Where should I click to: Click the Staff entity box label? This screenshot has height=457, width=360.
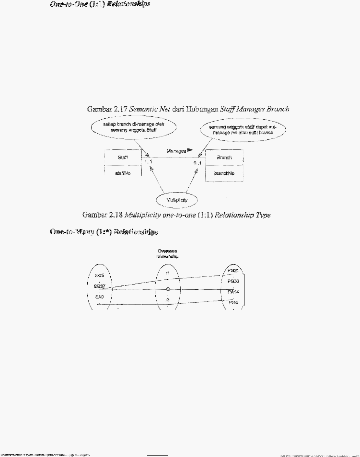(123, 157)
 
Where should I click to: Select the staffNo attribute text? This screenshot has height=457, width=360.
(123, 173)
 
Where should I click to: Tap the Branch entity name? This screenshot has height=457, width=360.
(224, 158)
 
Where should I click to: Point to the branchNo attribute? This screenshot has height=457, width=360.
(224, 174)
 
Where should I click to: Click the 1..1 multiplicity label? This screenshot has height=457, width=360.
(148, 162)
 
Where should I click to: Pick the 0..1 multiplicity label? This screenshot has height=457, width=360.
(197, 163)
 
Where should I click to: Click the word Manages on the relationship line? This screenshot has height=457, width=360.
(176, 151)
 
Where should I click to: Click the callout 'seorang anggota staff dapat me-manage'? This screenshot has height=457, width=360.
(243, 127)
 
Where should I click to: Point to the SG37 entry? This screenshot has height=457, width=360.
(100, 286)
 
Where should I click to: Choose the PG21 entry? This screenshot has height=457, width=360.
(233, 271)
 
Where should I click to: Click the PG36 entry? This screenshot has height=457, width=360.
(233, 281)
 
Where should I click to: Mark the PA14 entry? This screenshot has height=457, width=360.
(233, 291)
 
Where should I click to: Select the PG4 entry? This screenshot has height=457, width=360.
(232, 303)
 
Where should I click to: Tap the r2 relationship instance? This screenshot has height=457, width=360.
(167, 289)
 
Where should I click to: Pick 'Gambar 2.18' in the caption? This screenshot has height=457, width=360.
(102, 215)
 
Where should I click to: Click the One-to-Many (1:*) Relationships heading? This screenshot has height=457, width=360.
(104, 232)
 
